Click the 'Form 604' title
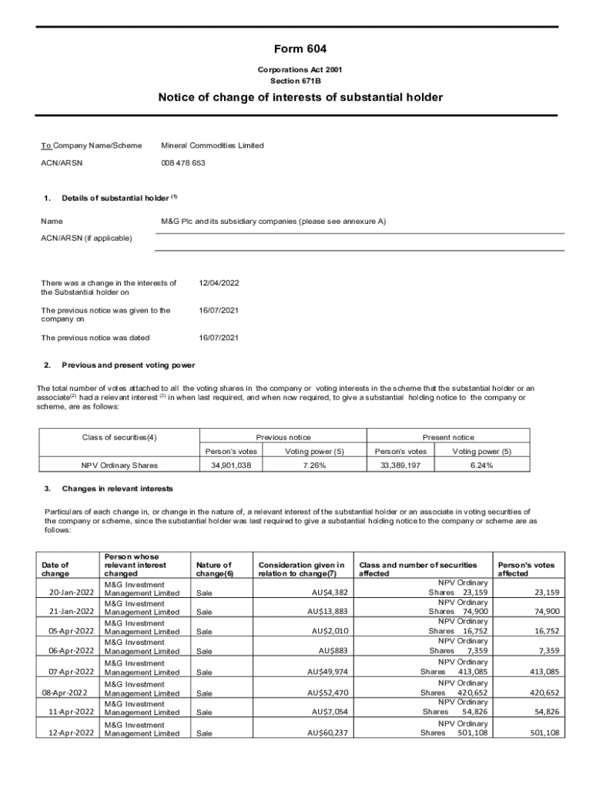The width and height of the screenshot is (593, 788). point(296,49)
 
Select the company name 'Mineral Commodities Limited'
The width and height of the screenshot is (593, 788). point(212,145)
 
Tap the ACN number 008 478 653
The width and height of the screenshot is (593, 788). point(183,163)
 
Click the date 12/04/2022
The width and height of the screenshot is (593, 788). point(219,283)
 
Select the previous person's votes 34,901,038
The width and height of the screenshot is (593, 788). point(231,466)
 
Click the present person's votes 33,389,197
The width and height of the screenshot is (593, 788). point(400,466)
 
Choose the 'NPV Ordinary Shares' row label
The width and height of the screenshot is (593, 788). point(119,466)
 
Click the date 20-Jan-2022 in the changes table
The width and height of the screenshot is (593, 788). point(71,593)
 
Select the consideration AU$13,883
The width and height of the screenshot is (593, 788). point(327,612)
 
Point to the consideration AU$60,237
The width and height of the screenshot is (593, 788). point(327,733)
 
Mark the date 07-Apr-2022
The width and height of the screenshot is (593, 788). point(71,672)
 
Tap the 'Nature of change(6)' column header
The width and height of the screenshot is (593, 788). point(215,569)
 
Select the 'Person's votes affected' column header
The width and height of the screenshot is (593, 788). point(526,569)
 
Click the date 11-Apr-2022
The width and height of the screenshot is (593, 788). point(71,713)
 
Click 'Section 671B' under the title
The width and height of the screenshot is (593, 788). point(296,81)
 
